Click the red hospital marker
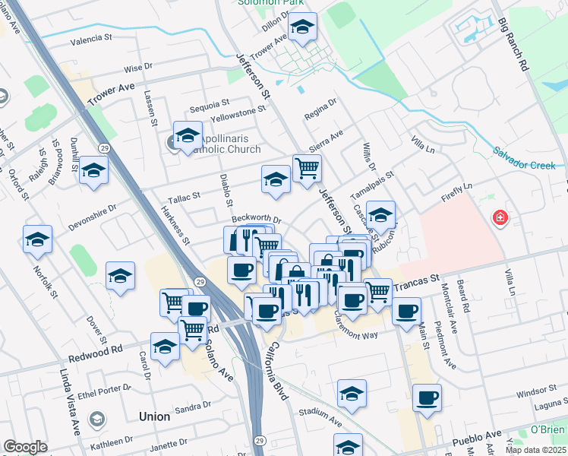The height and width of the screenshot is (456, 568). click(500, 218)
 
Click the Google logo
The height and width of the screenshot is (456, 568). click(25, 447)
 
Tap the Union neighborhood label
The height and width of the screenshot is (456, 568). click(155, 416)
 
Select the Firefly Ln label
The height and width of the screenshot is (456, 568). click(456, 191)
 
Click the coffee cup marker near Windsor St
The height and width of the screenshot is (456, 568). click(427, 397)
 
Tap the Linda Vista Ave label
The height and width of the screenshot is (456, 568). click(72, 403)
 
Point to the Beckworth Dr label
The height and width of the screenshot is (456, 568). click(257, 219)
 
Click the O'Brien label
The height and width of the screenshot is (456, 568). click(546, 429)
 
